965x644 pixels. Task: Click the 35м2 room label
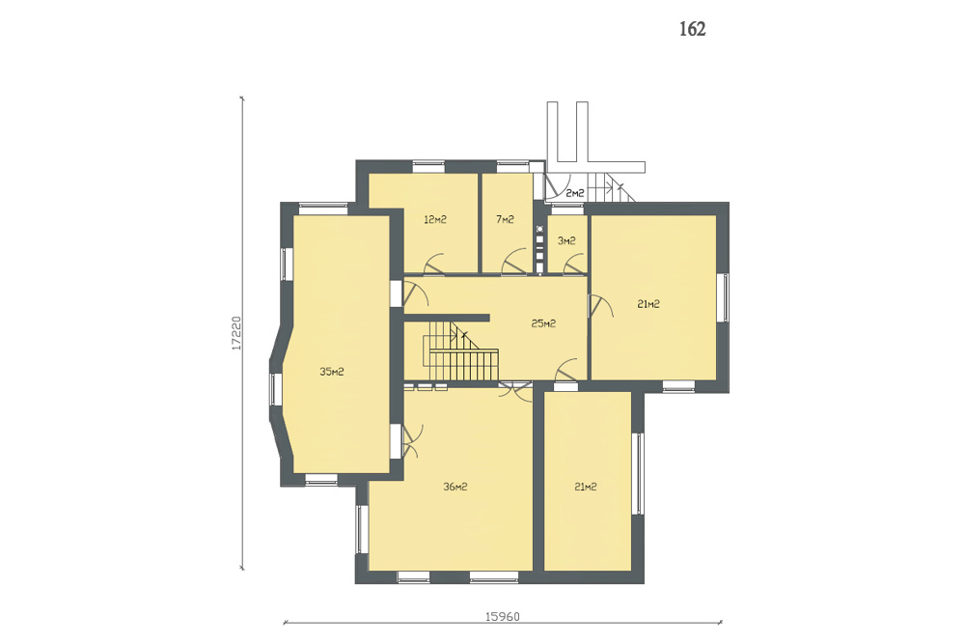[332, 372]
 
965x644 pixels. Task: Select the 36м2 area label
[455, 487]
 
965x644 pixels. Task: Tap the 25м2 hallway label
[543, 323]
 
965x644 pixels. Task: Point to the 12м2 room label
[435, 219]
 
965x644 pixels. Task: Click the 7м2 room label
[505, 219]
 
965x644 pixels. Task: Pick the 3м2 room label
[566, 240]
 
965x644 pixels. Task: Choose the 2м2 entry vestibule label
[575, 193]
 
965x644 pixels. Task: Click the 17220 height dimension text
[235, 333]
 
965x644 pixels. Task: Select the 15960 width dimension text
[502, 616]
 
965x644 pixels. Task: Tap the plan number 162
[692, 29]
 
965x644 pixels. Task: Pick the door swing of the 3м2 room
[574, 265]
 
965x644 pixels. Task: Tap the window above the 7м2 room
[512, 165]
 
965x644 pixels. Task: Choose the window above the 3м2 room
[566, 210]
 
